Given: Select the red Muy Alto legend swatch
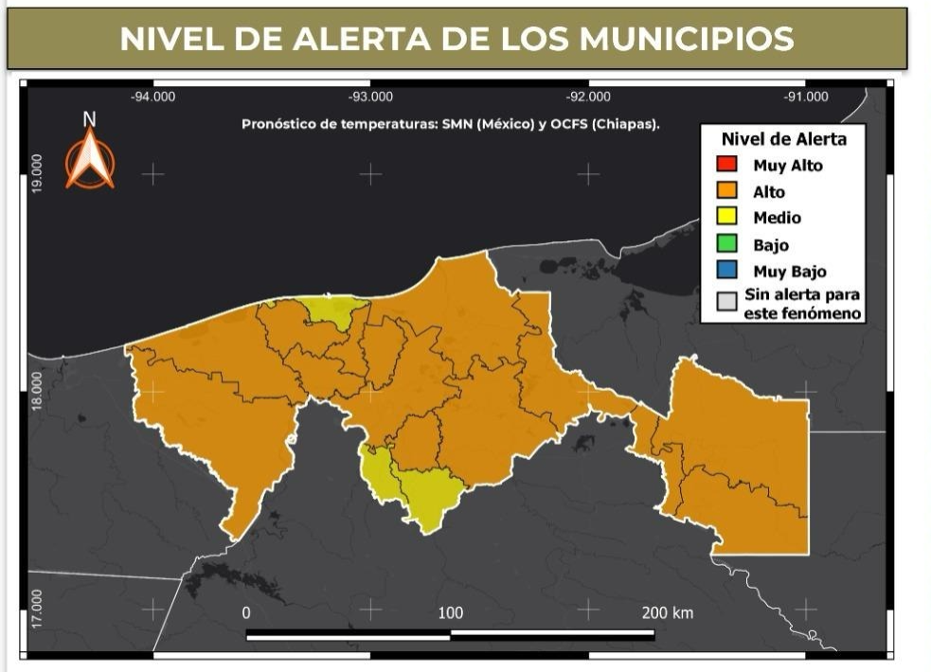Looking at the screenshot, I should (x=726, y=166).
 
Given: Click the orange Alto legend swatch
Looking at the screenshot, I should (x=726, y=192).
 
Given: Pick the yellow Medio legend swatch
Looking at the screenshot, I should (x=726, y=218).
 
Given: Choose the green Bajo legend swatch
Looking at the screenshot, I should (x=726, y=245).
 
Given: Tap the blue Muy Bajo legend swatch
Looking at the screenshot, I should (x=726, y=272).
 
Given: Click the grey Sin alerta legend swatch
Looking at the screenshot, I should (x=726, y=302).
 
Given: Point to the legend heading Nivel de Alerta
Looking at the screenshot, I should (x=783, y=139).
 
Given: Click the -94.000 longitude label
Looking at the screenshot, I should (x=152, y=97).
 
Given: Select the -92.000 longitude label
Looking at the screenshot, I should (x=587, y=97).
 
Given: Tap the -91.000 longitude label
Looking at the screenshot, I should (x=805, y=97).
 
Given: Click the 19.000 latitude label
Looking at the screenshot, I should (x=37, y=174).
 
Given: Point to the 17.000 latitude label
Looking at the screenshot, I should (x=37, y=607).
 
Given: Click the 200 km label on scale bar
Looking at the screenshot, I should (x=667, y=612).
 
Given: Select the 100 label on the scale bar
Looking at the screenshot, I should (x=451, y=612).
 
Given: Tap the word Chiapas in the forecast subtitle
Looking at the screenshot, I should (x=630, y=124).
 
